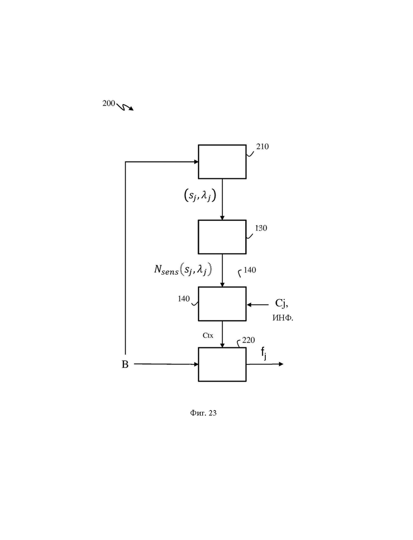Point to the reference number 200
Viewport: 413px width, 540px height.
[109, 103]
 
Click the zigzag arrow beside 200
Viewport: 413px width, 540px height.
[124, 107]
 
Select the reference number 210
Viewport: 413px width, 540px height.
[263, 146]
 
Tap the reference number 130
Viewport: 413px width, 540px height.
[261, 228]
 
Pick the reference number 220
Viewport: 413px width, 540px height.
[248, 340]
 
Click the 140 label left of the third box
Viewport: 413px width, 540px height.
[184, 299]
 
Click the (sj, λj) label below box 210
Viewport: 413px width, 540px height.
[200, 195]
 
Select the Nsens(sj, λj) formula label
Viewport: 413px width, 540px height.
[183, 269]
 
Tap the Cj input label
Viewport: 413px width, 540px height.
[281, 303]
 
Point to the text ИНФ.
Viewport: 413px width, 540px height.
[283, 318]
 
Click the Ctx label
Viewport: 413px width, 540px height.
[208, 335]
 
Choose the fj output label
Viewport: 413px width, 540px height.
[264, 353]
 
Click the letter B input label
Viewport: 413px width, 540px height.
[125, 364]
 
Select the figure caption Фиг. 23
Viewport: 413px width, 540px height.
[203, 412]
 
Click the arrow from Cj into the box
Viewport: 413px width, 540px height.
[258, 304]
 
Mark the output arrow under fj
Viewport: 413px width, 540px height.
[265, 364]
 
